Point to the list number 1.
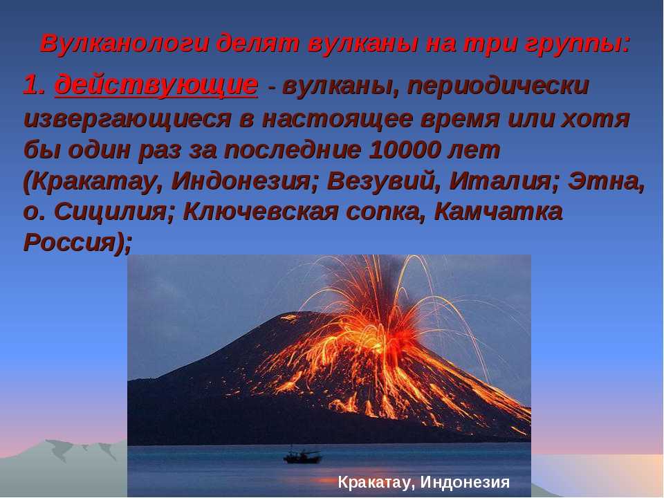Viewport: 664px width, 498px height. coord(34,84)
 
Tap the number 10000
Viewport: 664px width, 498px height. coord(404,149)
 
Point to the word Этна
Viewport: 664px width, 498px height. coord(607,182)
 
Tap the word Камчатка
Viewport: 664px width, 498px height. coord(499,212)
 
